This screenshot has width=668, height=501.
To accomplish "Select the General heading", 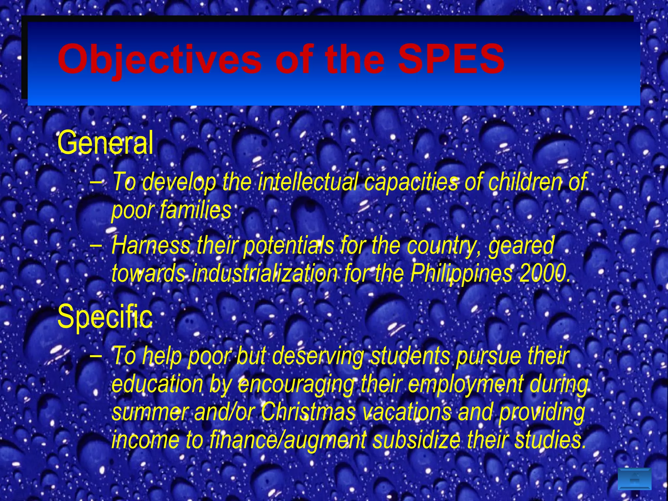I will tap(105, 143).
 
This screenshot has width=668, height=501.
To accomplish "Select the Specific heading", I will tap(105, 316).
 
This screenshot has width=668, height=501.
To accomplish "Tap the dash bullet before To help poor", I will tap(95, 355).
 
